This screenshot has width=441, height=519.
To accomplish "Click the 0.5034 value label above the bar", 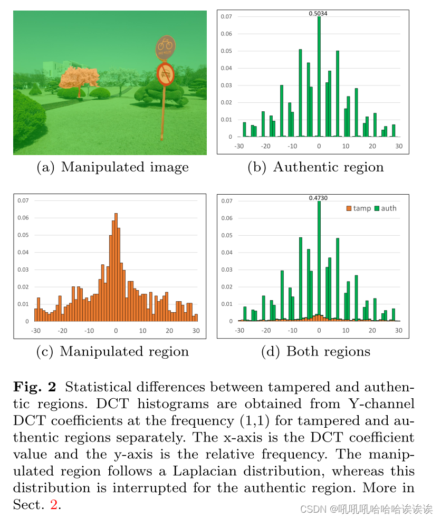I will click(318, 14).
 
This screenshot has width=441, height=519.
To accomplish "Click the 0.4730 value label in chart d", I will click(318, 198).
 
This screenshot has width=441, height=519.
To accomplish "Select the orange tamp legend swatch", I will click(349, 208).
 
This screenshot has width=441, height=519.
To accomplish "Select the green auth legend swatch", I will click(377, 208).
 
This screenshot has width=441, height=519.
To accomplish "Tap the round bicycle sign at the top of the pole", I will click(165, 46).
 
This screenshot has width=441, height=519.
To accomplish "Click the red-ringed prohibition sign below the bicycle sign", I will click(166, 74).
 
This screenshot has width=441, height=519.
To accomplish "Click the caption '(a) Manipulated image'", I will click(112, 168).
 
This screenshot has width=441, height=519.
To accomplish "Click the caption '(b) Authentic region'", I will click(315, 168).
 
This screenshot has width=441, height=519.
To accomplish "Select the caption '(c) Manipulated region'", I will click(112, 352).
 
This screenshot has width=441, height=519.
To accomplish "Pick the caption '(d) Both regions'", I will click(315, 352).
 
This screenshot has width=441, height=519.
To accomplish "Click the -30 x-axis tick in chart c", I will click(36, 331).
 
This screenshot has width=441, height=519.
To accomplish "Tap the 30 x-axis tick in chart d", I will click(398, 331).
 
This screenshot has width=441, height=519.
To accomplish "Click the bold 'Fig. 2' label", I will click(34, 387).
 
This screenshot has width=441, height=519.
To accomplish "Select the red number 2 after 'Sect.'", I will click(53, 505).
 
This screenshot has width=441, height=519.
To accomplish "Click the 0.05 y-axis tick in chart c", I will click(23, 235).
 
